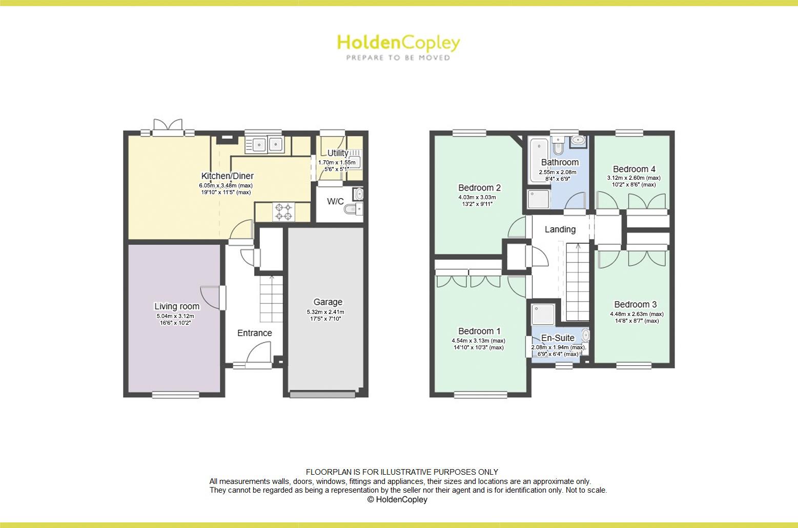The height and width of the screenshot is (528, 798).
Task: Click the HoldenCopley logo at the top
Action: click(398, 43)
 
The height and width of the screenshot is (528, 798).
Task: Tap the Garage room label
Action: click(328, 302)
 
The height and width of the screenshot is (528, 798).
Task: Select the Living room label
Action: click(177, 306)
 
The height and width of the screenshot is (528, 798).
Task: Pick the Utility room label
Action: click(338, 153)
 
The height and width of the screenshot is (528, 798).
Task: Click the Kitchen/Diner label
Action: click(227, 176)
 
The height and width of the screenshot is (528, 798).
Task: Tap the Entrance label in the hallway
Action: click(254, 333)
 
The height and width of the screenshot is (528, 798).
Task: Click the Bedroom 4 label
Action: click(634, 169)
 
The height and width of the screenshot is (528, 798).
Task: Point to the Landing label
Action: click(560, 229)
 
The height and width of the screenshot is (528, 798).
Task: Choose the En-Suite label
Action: click(558, 338)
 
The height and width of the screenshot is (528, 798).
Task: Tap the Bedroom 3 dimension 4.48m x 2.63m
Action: click(637, 314)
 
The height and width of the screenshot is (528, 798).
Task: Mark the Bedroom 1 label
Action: click(479, 331)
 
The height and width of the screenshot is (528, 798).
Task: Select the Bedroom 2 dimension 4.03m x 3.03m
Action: click(477, 197)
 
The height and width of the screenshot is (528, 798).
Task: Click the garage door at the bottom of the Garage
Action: click(322, 394)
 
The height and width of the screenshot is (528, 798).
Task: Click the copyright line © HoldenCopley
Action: click(397, 500)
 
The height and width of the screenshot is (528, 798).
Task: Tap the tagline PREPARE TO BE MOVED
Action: click(398, 58)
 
